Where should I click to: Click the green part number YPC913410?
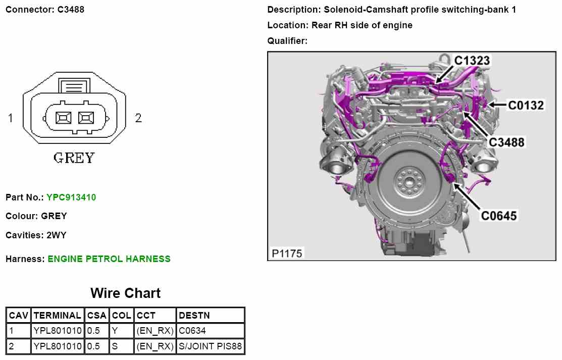click(x=71, y=197)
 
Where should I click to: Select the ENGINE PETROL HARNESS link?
click(x=109, y=259)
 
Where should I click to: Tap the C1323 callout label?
click(x=472, y=61)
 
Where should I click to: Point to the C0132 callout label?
click(x=526, y=105)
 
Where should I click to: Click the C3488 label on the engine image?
click(x=506, y=142)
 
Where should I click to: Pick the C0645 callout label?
click(x=498, y=216)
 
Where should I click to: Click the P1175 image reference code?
click(x=287, y=253)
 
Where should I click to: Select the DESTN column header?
click(x=194, y=316)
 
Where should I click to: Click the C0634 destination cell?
click(x=192, y=331)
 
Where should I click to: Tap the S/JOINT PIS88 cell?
click(x=210, y=346)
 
